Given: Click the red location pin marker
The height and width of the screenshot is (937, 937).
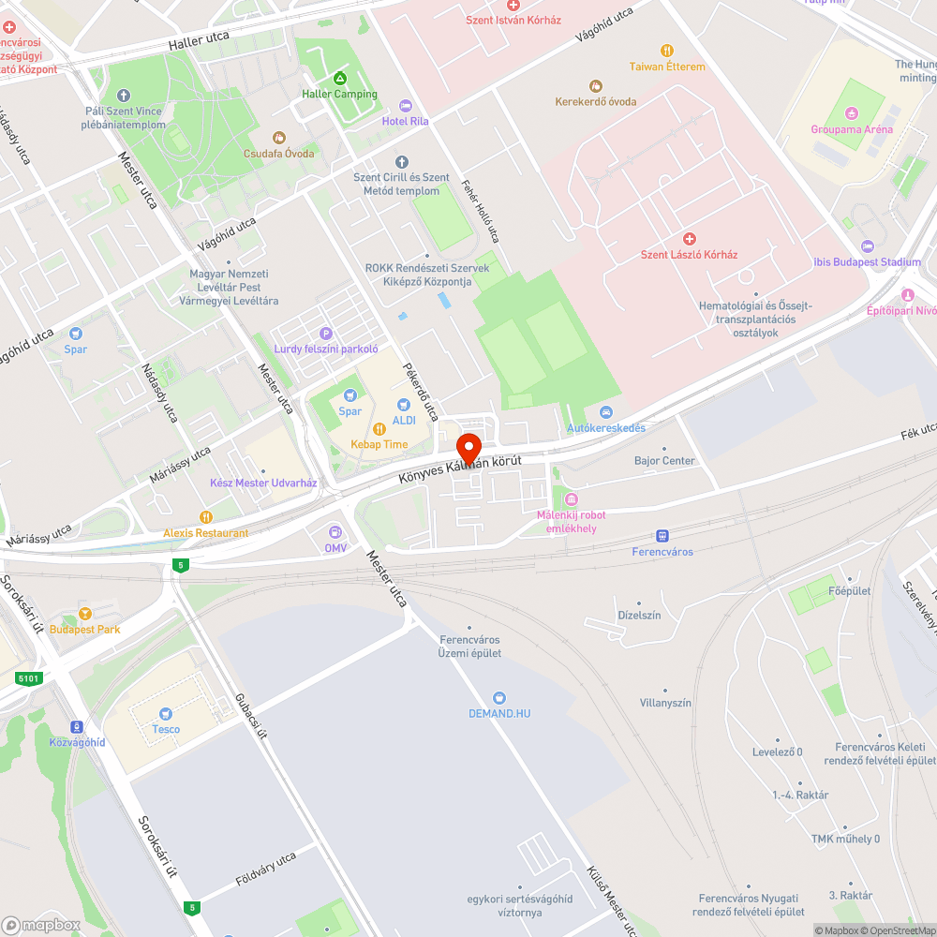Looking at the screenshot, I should (468, 446).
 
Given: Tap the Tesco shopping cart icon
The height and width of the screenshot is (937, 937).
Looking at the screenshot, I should (166, 714).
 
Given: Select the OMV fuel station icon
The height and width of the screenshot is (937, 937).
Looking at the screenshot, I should (335, 532).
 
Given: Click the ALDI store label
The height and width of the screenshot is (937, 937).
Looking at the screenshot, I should (404, 420).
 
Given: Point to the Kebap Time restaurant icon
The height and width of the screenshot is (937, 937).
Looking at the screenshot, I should (379, 428).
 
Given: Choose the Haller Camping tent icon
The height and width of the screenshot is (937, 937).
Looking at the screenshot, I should (339, 78).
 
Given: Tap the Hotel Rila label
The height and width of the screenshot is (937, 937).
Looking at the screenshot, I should (406, 121).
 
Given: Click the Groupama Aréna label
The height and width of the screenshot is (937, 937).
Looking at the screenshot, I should (852, 129).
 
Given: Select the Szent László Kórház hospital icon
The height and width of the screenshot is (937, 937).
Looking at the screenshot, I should (690, 239).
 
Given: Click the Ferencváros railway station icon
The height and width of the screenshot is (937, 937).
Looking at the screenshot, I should (662, 536).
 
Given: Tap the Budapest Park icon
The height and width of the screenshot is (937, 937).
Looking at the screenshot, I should (85, 614).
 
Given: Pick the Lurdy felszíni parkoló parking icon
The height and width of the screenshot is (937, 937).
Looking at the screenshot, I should (326, 333).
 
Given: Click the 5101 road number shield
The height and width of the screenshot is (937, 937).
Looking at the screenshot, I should (29, 677).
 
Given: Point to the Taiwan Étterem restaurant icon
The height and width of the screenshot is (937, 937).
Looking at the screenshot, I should (667, 51).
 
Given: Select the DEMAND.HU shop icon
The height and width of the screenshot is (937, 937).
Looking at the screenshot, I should (499, 697).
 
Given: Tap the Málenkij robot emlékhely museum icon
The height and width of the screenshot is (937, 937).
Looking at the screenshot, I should (571, 499).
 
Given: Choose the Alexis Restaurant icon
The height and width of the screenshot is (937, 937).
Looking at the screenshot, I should (206, 516).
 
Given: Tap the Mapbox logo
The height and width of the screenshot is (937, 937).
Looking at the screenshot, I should (41, 925).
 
